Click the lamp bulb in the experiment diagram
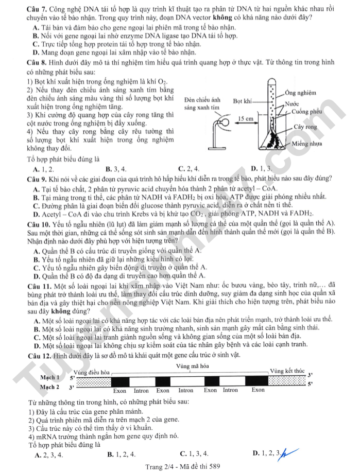click(x=223, y=124)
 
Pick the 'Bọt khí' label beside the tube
click(x=242, y=101)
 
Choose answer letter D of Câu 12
click(x=256, y=453)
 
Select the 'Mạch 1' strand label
click(x=50, y=377)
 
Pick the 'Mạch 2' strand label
click(x=50, y=387)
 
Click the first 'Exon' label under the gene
click(x=120, y=391)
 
